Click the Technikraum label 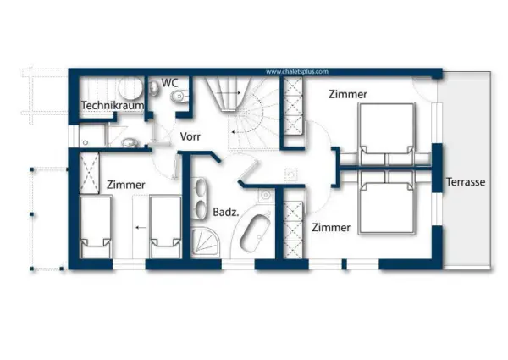click(x=113, y=105)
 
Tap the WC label click(x=169, y=83)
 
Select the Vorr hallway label click(x=190, y=136)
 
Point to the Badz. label click(x=226, y=213)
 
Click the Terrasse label click(x=466, y=182)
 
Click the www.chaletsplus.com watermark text click(x=297, y=72)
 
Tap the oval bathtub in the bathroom click(x=255, y=232)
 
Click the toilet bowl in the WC click(x=179, y=97)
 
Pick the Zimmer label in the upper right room click(x=348, y=94)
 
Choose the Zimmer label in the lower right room click(x=331, y=228)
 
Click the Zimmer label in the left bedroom click(x=125, y=185)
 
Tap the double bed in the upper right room click(x=387, y=134)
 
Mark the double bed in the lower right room click(x=387, y=202)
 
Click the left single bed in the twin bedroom click(x=96, y=227)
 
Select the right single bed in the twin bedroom click(x=166, y=227)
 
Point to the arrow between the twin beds click(x=141, y=228)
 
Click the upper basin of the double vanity click(x=200, y=187)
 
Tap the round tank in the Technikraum click(x=131, y=87)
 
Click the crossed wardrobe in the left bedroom click(x=89, y=173)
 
